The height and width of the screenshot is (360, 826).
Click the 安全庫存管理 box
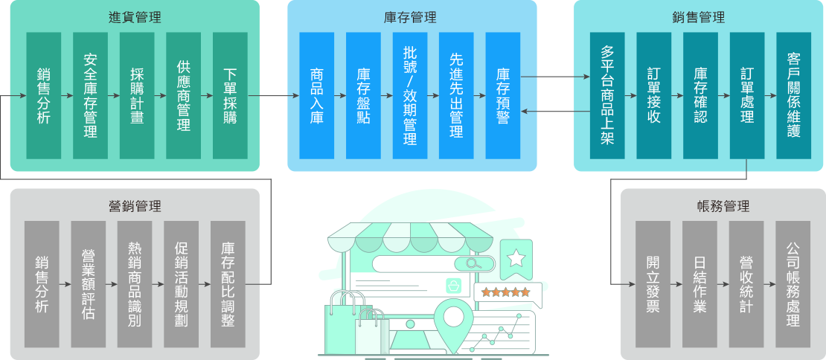click(x=91, y=95)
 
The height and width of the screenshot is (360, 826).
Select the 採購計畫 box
click(x=137, y=95)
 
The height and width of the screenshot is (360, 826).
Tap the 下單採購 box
click(x=230, y=95)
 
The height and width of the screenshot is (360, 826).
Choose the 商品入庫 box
click(x=317, y=95)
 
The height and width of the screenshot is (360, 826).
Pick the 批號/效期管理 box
click(x=410, y=95)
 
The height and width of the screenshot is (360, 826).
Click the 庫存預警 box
click(x=503, y=95)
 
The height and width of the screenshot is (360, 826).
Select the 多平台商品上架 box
click(x=607, y=95)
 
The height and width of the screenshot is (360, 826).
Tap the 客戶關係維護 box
click(x=793, y=95)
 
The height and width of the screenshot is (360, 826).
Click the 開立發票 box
click(x=653, y=284)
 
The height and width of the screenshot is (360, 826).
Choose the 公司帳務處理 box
click(x=793, y=284)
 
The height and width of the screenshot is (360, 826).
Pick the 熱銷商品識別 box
click(x=135, y=284)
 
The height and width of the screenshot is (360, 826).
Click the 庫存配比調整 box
click(x=228, y=284)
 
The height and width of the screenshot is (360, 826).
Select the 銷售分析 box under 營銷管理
click(x=42, y=284)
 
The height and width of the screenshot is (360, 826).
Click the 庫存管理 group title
click(x=411, y=18)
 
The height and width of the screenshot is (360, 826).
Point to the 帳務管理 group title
click(x=723, y=206)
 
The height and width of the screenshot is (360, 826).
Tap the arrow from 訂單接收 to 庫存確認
click(x=677, y=96)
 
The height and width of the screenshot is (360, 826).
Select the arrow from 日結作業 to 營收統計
click(x=723, y=284)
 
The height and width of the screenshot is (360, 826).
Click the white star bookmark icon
click(x=516, y=257)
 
